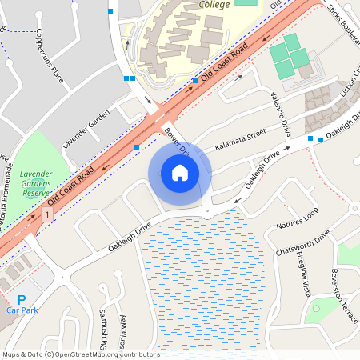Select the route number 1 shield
[49, 216]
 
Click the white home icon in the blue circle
[180, 172]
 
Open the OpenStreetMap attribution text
[81, 354]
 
